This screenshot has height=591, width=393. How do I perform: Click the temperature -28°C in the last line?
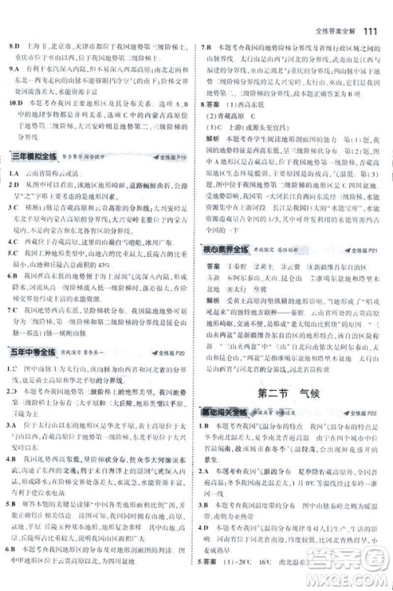point(260,583)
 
